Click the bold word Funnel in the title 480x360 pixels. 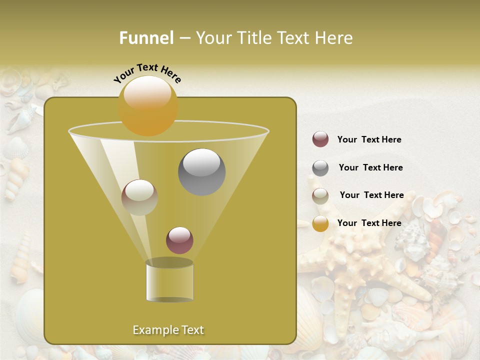click(x=146, y=38)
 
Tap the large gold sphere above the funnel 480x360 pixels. click(x=148, y=105)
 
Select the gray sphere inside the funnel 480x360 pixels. click(x=202, y=172)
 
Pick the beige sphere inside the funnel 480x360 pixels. click(x=139, y=197)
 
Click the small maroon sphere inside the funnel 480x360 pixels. click(x=179, y=240)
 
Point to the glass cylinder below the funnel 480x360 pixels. click(x=169, y=280)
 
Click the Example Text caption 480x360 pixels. click(x=168, y=330)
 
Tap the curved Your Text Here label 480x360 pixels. click(x=147, y=73)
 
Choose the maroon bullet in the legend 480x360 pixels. click(x=320, y=139)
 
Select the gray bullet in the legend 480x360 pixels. click(x=320, y=168)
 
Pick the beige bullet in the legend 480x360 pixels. click(x=320, y=196)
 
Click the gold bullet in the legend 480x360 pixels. click(x=320, y=223)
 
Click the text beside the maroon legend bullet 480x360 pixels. click(x=369, y=140)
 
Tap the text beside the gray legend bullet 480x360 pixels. click(x=370, y=168)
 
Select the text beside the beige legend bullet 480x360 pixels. click(x=371, y=195)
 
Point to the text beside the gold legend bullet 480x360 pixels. click(x=369, y=223)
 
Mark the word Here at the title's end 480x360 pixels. click(x=336, y=38)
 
